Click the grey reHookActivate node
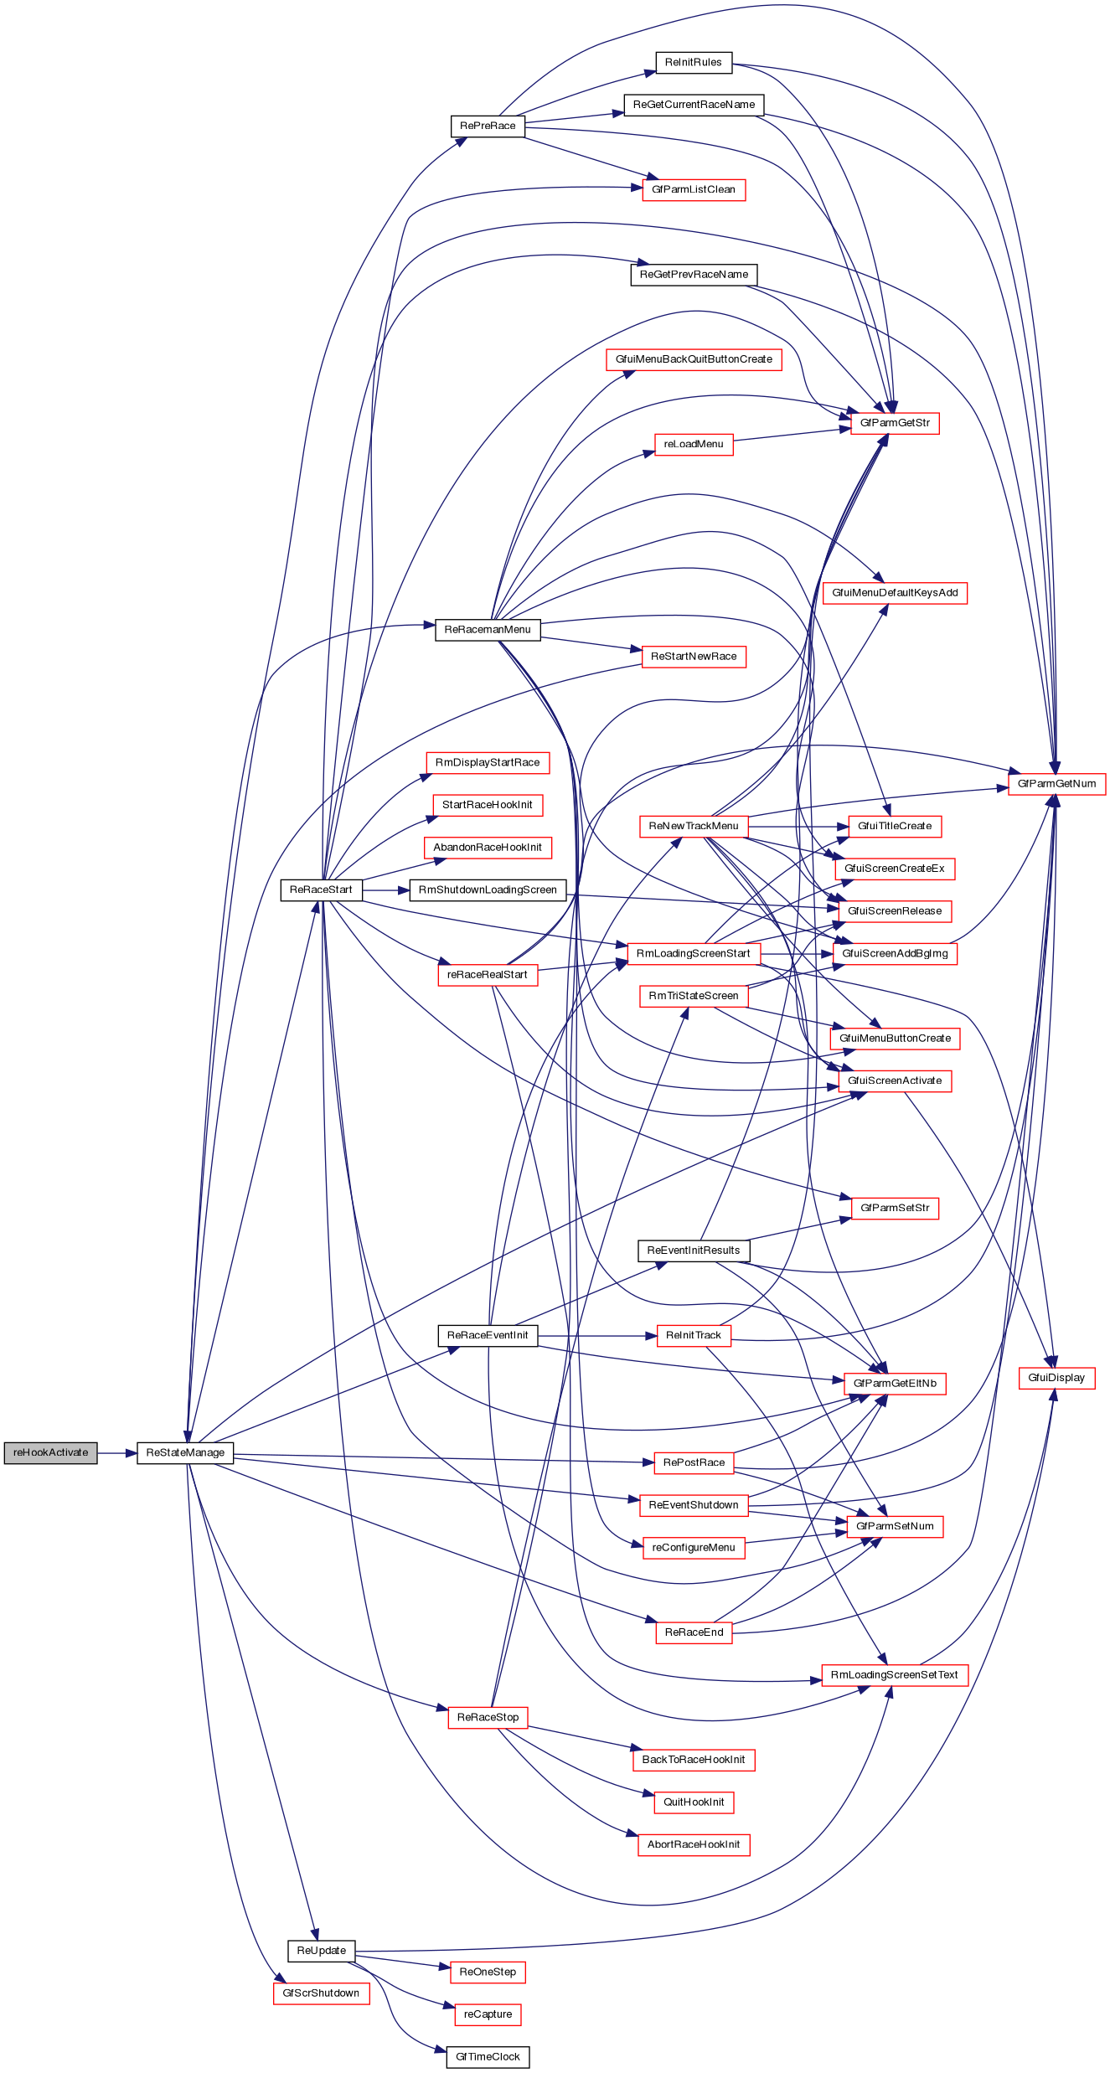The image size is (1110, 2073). coord(50,1453)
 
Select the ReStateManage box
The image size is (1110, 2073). coord(185,1453)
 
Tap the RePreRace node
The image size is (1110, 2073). coord(488,126)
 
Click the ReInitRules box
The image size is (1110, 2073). coord(693,62)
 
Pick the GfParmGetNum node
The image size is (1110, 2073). coord(1056,784)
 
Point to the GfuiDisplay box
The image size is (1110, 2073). coord(1056,1378)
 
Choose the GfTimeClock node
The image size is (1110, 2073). coord(488,2057)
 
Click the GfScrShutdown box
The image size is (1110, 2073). coord(321,1993)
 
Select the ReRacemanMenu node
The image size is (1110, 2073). coord(488,630)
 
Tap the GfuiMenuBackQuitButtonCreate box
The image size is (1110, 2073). coord(694,359)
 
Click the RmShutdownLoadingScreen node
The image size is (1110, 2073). coord(488,890)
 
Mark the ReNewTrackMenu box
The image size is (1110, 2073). coord(694,826)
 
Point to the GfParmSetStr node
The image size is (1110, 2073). coord(895,1208)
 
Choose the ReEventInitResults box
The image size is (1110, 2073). coord(694,1251)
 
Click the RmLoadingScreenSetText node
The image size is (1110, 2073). coord(894,1675)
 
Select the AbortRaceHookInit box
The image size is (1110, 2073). coord(694,1844)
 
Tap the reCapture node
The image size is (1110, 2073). coord(488,2014)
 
